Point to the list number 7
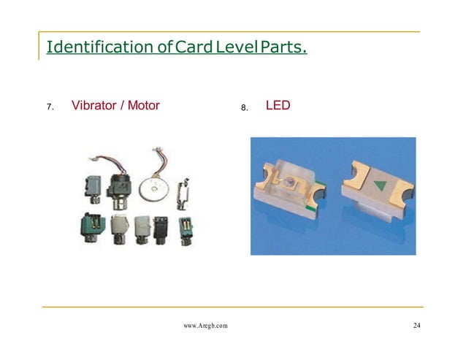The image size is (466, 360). point(50,107)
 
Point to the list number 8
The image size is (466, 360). point(245,107)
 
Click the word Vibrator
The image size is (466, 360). point(97,106)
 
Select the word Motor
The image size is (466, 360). point(144,106)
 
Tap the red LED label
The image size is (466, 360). point(278,106)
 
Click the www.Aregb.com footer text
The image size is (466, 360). point(205,326)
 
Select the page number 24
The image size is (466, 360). point(416,326)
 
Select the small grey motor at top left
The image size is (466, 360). point(92,188)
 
